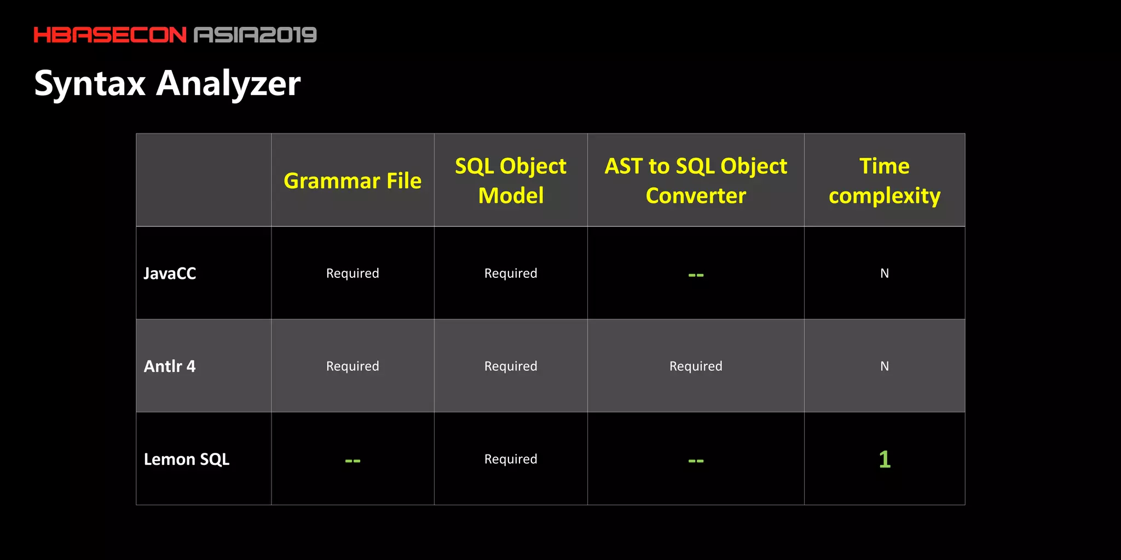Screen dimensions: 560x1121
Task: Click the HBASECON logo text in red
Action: click(110, 35)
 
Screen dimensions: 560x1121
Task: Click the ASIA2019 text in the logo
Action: click(255, 35)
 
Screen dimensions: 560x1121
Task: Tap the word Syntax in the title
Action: click(90, 84)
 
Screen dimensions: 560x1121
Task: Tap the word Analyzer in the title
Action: click(228, 84)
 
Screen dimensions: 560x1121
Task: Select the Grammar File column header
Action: click(353, 180)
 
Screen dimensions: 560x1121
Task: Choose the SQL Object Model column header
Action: click(511, 180)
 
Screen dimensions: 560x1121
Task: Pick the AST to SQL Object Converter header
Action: click(696, 180)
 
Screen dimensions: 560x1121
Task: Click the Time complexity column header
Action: click(885, 180)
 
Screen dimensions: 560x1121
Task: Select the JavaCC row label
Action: click(170, 273)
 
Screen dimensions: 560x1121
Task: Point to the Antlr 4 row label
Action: click(170, 366)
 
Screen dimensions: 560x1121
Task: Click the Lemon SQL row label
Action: click(186, 459)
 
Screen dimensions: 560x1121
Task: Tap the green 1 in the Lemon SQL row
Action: click(885, 459)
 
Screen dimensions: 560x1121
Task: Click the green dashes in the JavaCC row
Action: click(696, 275)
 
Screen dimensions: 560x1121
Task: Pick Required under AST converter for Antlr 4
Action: click(696, 366)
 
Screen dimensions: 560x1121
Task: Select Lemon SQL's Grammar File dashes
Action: click(353, 460)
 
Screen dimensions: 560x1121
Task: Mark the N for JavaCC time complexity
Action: click(885, 273)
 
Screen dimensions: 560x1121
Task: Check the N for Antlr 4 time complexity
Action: click(885, 366)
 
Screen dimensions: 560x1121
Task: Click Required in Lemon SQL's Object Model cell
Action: click(511, 459)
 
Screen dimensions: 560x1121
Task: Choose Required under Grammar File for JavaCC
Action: click(353, 273)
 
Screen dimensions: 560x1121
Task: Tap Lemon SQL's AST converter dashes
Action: click(696, 460)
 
